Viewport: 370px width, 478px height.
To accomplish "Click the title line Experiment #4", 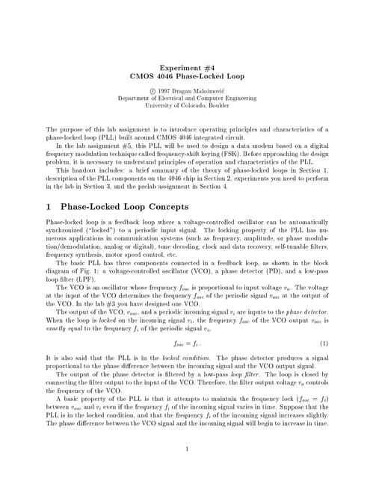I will point(185,67).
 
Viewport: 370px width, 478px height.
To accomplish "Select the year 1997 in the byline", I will point(165,89).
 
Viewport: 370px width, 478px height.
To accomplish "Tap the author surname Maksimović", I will point(204,89).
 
